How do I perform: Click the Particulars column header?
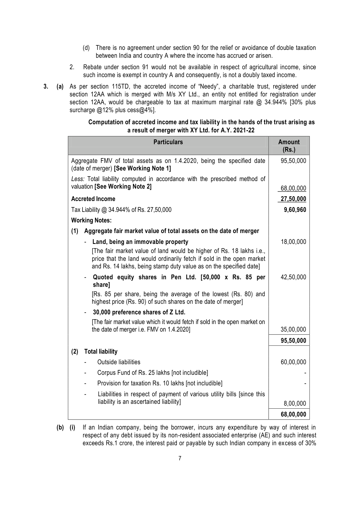click(168, 142)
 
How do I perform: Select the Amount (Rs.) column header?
click(289, 146)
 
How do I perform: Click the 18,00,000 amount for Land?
click(293, 242)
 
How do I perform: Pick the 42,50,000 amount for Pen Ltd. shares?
click(293, 277)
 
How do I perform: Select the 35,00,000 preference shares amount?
click(293, 329)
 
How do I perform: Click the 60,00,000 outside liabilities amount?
click(293, 362)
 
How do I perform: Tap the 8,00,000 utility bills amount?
click(295, 404)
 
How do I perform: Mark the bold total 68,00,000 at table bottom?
click(293, 414)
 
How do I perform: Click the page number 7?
click(180, 459)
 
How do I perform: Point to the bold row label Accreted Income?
click(93, 199)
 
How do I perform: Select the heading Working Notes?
click(91, 220)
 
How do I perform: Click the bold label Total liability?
click(101, 352)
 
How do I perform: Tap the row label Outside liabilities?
click(118, 362)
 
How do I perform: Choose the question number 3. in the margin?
click(46, 87)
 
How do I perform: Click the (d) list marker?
click(86, 48)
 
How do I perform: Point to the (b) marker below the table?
click(60, 428)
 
